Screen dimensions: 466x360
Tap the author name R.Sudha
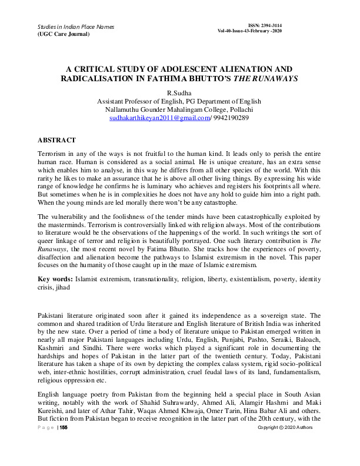coord(180,92)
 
